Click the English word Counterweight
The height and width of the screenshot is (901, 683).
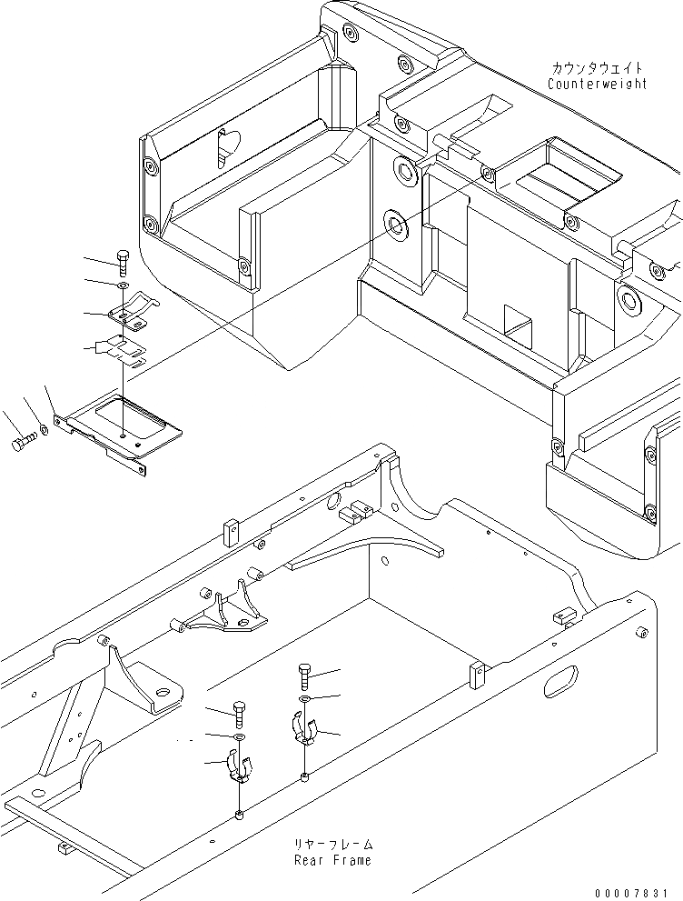point(597,84)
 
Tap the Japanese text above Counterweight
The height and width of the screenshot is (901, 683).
point(597,68)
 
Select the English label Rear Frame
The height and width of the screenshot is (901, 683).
point(332,860)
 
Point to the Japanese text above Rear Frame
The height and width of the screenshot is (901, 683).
point(332,845)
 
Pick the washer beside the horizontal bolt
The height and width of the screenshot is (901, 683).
point(44,428)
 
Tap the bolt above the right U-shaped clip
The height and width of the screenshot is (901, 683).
point(304,677)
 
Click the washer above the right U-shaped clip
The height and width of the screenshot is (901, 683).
point(304,698)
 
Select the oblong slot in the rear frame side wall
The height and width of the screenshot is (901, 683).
point(561,681)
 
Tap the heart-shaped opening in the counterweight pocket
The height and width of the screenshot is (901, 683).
point(226,145)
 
